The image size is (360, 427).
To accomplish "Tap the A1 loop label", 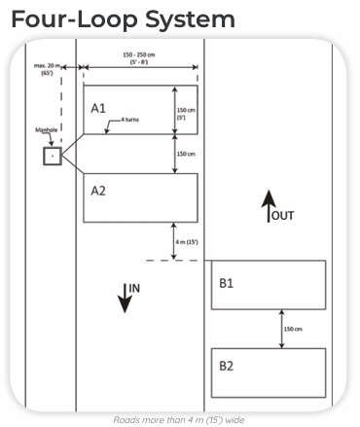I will (x=98, y=108).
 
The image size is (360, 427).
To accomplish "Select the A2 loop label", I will (x=98, y=191).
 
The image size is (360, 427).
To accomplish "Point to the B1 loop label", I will (x=227, y=284).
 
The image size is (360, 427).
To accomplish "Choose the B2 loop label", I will (x=227, y=368).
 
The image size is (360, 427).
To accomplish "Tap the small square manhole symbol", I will (x=52, y=156).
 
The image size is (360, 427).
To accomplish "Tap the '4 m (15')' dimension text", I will (x=186, y=241).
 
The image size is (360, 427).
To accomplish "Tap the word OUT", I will (x=281, y=214).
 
